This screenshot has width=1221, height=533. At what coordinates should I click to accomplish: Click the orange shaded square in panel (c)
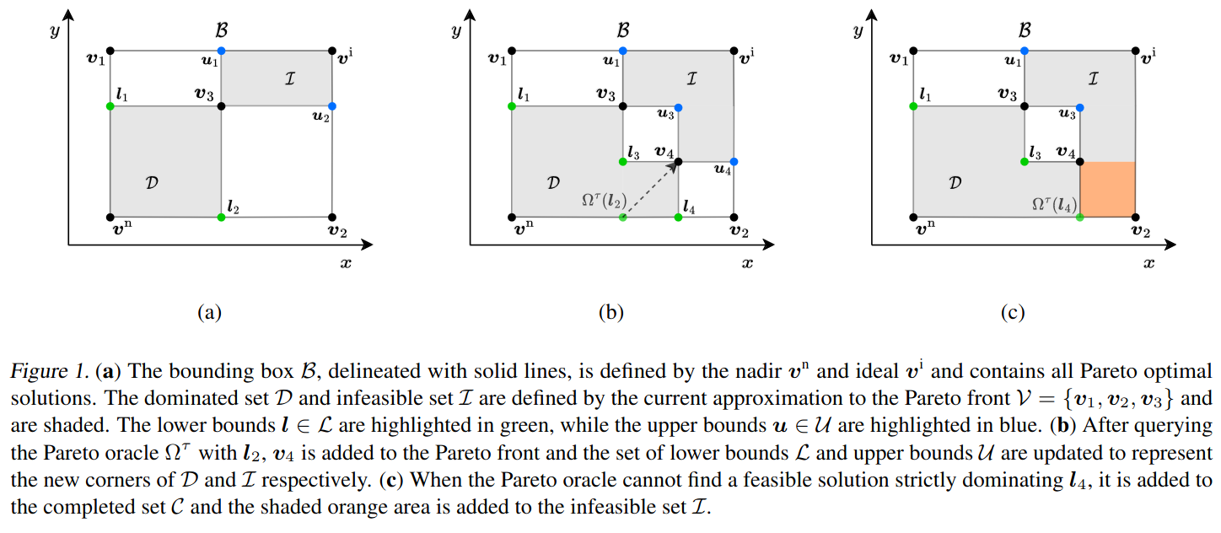[x=1108, y=189]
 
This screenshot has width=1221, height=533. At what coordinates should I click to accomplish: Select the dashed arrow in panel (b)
[x=651, y=189]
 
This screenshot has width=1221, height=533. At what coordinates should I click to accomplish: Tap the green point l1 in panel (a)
[x=110, y=106]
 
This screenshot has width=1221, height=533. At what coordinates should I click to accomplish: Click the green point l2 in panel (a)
[x=221, y=218]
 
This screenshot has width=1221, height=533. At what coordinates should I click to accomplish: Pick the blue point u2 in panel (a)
[x=332, y=106]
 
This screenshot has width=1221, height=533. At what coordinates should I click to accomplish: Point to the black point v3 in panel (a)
[x=221, y=106]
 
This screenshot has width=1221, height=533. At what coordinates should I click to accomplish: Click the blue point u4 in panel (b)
[x=734, y=162]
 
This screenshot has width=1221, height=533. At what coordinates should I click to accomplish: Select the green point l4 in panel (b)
[x=678, y=218]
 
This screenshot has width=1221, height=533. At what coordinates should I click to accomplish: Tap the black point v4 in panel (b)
[x=678, y=162]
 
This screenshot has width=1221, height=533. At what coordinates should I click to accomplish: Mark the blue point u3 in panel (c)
[x=1080, y=108]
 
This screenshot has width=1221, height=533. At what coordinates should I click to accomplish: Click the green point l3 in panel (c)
[x=1025, y=162]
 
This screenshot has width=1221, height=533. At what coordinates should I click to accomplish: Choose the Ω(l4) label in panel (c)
[x=1054, y=204]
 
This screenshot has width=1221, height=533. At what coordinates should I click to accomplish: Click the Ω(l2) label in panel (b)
[x=604, y=201]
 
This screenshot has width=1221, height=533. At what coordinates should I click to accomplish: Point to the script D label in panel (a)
[x=152, y=182]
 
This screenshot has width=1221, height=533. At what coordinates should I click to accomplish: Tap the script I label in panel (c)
[x=1093, y=79]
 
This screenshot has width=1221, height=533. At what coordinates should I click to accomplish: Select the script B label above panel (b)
[x=623, y=30]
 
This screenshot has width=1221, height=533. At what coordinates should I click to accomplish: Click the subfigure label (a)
[x=209, y=312]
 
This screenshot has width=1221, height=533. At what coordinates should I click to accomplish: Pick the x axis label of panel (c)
[x=1148, y=264]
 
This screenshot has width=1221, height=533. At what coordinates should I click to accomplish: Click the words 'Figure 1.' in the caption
[x=50, y=371]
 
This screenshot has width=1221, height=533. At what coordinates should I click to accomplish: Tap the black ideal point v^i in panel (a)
[x=332, y=51]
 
